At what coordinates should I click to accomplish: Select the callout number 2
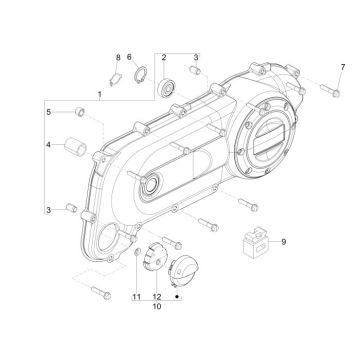point(163,58)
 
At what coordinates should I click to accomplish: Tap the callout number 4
point(48,146)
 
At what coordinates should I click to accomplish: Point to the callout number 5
point(48,112)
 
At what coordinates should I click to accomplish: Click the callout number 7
point(131,58)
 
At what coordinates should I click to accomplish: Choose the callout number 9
point(116,58)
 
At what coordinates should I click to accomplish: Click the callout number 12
point(137,297)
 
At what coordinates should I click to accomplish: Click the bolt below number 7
point(156,297)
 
